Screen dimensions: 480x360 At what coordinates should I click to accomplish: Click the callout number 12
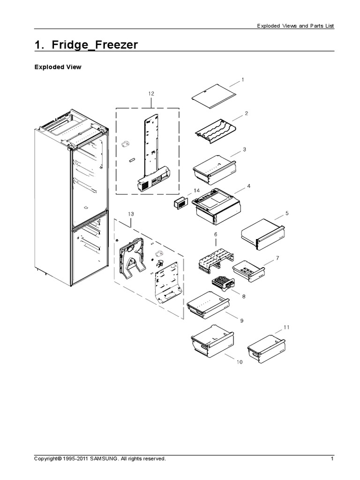click(x=151, y=94)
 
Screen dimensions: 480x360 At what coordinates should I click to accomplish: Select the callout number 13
click(x=131, y=214)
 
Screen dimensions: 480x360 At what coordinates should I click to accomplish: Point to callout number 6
click(x=216, y=233)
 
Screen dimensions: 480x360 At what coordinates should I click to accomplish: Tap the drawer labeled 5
click(x=262, y=233)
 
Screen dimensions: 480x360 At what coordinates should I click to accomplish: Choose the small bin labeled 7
click(x=248, y=269)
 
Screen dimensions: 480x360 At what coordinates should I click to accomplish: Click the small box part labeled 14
click(x=180, y=205)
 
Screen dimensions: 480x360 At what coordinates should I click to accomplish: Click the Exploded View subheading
click(x=58, y=67)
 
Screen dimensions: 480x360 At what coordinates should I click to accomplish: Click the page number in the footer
click(x=332, y=459)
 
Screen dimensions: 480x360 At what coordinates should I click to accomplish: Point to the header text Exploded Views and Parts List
click(x=295, y=26)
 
